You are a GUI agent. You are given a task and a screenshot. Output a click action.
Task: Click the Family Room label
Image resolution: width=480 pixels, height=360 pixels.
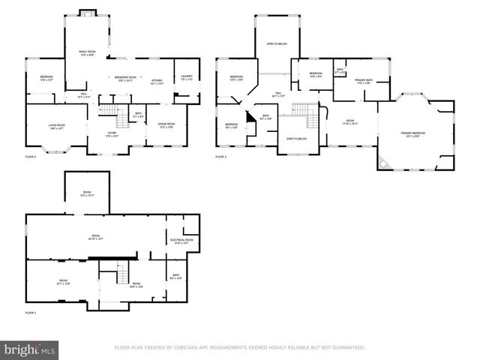click(x=87, y=52)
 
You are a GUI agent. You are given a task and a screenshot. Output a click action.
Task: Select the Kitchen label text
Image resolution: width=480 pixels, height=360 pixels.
click(x=157, y=82)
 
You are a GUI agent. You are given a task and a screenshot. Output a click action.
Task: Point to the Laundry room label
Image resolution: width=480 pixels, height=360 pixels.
click(x=187, y=76)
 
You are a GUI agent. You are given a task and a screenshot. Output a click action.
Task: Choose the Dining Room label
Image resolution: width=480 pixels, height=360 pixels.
click(x=166, y=125)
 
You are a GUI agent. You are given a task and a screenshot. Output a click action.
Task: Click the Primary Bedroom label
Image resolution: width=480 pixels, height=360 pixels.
click(x=412, y=135)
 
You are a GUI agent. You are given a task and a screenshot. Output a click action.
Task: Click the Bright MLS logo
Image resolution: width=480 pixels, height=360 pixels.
click(x=30, y=349)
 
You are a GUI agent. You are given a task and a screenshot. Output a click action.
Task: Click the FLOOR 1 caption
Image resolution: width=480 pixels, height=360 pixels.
click(x=31, y=312)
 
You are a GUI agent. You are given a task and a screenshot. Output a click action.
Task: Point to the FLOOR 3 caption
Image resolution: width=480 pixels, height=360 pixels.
click(x=220, y=157)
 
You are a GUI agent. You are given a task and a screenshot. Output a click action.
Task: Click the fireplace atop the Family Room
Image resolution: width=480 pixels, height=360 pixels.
click(x=87, y=13)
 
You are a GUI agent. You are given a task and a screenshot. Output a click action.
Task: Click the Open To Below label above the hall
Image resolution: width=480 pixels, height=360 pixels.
click(x=276, y=44)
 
